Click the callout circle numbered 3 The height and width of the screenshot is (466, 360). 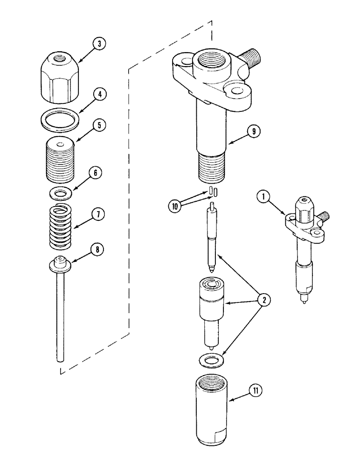[x=98, y=44]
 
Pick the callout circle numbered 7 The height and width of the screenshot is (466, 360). [x=98, y=215]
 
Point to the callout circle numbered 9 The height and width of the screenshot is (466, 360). [x=254, y=131]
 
